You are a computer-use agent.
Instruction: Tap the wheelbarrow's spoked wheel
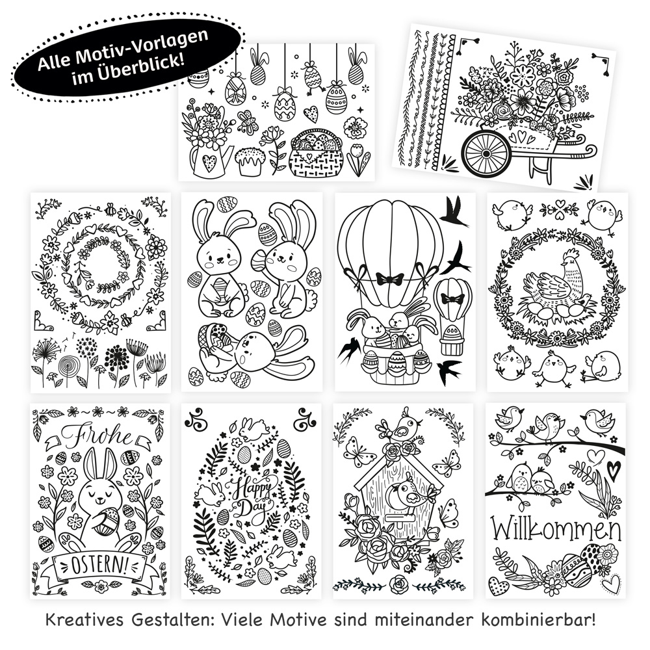click(486, 153)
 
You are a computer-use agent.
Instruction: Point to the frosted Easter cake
click(251, 161)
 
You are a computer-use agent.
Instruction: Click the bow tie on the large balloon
click(391, 279)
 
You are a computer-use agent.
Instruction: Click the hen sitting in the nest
click(552, 282)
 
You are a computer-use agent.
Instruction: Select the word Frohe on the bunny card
click(97, 435)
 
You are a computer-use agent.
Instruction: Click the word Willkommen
click(556, 529)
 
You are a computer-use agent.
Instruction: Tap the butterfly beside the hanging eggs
click(248, 122)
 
